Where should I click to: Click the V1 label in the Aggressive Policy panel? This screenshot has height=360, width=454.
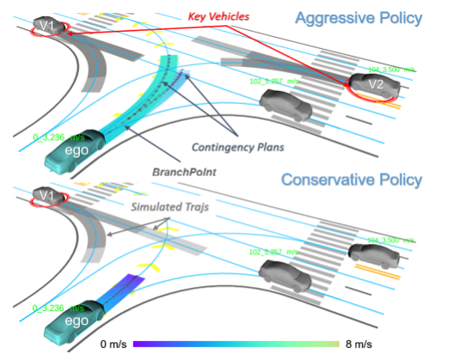pyautogui.click(x=48, y=26)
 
